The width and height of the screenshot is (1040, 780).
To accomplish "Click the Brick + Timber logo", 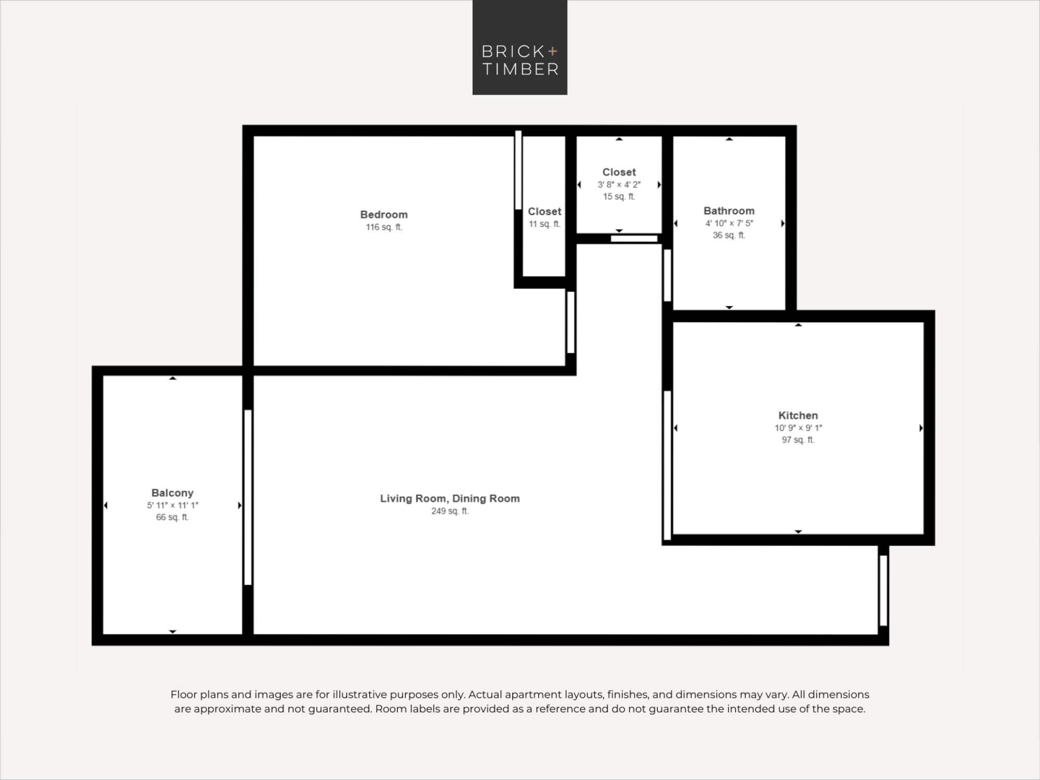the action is point(519,47).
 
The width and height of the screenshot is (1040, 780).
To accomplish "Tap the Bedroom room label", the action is point(384,215).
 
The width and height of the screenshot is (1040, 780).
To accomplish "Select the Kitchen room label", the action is point(798,415).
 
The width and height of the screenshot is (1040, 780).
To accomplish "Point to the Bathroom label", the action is point(729,211).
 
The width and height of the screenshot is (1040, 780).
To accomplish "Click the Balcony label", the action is point(173,493).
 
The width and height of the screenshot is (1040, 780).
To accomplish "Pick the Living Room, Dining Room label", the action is point(450,499).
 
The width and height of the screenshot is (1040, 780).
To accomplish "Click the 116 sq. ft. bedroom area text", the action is point(384,227).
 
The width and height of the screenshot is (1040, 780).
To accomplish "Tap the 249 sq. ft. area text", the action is point(450,511).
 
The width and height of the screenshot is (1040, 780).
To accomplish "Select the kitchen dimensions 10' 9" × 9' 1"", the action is point(798,428).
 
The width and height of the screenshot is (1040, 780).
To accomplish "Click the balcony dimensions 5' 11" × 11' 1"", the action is point(173,505).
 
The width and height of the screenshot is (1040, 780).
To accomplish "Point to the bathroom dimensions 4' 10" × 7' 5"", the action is point(729,223).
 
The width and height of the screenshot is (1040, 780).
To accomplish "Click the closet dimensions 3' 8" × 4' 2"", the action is point(619,185).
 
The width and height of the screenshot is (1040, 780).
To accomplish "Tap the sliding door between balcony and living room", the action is point(248,498).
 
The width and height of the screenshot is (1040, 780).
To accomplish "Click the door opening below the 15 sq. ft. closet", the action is point(634,239).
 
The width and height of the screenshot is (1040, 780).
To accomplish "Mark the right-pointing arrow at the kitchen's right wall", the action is point(921,428).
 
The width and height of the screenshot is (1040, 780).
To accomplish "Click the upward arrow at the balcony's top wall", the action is point(173,378).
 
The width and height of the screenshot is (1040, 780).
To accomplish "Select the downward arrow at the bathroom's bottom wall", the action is point(729,308).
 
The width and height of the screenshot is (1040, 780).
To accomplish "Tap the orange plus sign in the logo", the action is point(552,51).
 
